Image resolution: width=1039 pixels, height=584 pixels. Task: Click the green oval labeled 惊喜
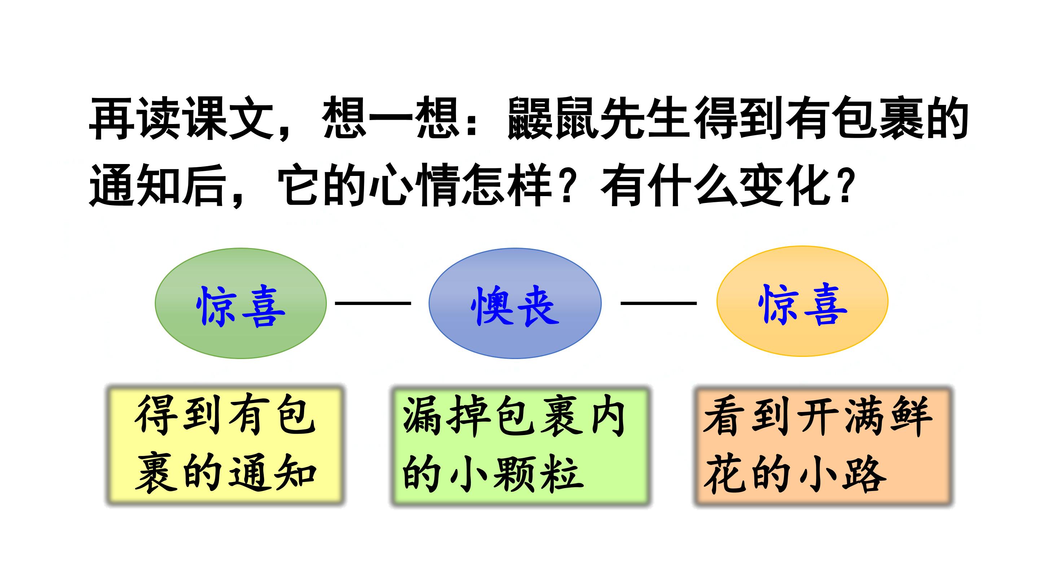point(241,303)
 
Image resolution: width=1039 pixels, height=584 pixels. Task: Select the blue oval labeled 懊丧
point(515,303)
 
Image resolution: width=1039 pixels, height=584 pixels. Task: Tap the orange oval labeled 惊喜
point(802,301)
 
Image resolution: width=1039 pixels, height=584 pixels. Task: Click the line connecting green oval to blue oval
point(373,303)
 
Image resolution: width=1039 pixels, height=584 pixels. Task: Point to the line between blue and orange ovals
point(659,303)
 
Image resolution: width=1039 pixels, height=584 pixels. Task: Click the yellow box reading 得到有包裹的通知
point(225,445)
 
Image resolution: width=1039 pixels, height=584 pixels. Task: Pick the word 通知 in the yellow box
point(272,473)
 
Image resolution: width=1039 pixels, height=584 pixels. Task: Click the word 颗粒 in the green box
point(538,473)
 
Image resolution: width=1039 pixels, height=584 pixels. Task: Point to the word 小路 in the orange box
point(841,474)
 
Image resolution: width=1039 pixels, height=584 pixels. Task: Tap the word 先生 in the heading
point(646,119)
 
